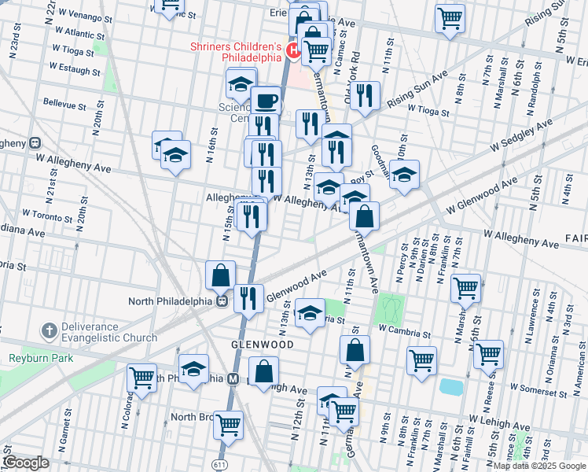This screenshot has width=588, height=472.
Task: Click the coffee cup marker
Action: (x=266, y=100)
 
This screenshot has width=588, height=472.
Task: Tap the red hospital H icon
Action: (x=294, y=52)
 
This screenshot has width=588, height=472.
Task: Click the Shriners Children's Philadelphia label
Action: (x=236, y=51)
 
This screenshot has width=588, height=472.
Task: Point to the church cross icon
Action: (x=49, y=328)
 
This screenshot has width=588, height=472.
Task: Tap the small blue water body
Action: (x=451, y=387)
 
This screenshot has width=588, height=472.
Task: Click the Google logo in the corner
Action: (x=26, y=463)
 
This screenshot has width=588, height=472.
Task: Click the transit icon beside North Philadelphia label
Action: (x=222, y=301)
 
